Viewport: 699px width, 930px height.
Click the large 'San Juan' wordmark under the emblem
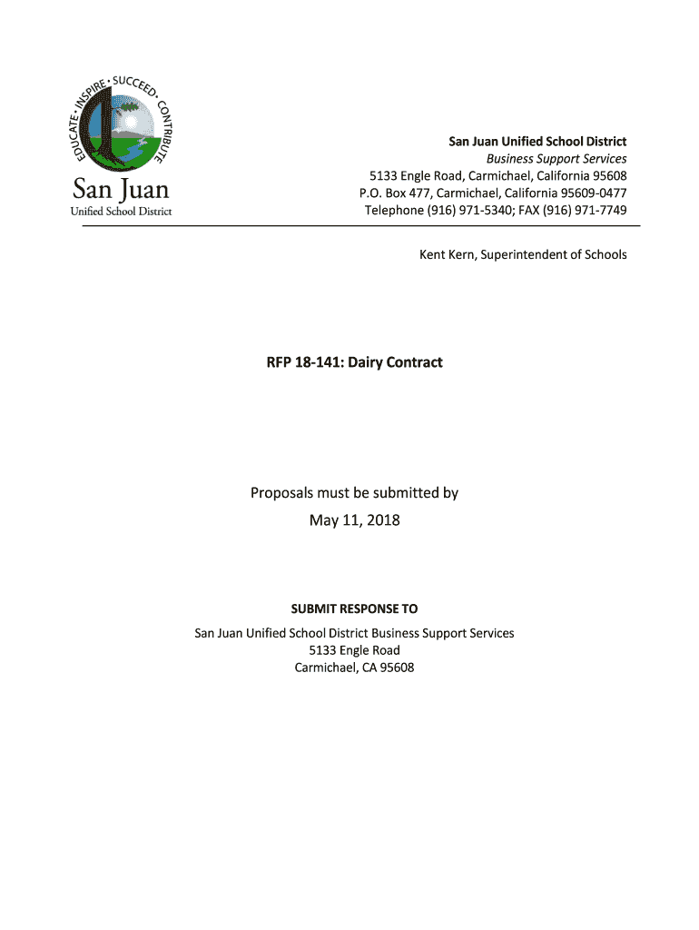tap(121, 193)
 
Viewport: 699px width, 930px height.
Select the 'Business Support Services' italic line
tap(556, 158)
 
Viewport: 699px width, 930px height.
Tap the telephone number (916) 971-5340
tap(471, 210)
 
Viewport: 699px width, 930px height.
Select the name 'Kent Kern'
tap(446, 254)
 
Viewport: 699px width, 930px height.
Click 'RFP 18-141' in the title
tap(298, 362)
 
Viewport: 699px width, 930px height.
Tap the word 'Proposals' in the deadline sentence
tap(281, 493)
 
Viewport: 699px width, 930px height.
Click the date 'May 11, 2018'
tap(355, 520)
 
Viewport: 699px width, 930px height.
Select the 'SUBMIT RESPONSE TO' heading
tap(354, 608)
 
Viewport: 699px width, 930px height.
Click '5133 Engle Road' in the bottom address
tap(354, 650)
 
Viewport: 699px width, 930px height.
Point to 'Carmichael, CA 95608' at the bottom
tap(354, 668)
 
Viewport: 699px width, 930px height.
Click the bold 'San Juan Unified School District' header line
tap(538, 141)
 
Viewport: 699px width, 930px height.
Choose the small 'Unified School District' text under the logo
tap(121, 212)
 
